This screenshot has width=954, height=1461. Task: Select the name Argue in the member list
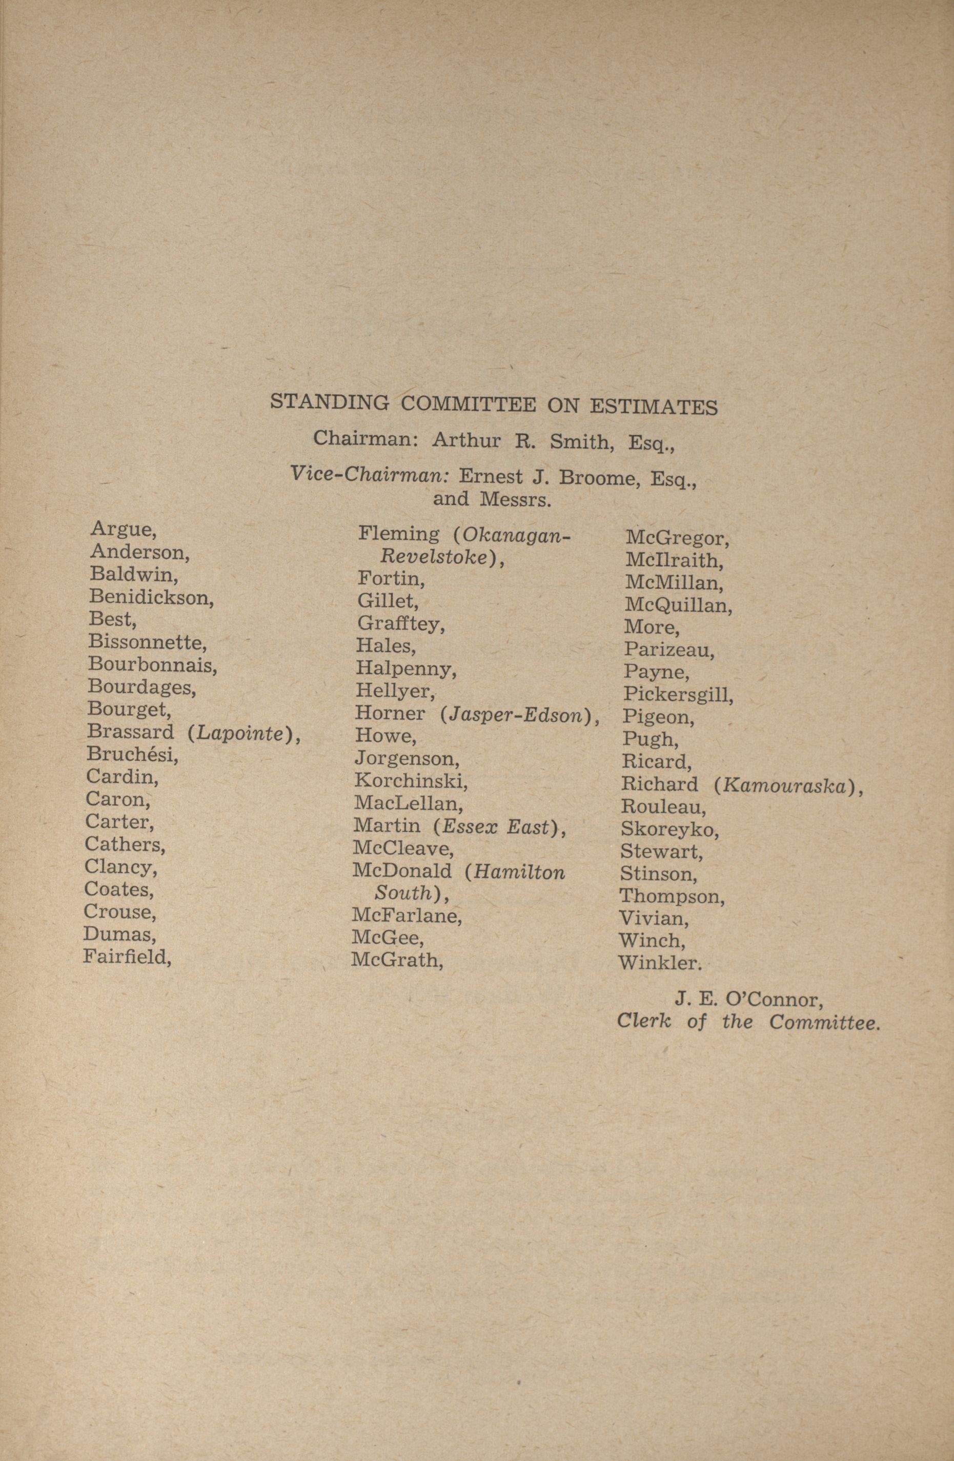(123, 529)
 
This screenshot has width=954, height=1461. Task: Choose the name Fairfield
(127, 957)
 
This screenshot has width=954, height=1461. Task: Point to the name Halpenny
(406, 668)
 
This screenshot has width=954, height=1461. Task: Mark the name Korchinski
(411, 781)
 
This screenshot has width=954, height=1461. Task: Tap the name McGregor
(677, 539)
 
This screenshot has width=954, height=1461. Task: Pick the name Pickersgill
(678, 694)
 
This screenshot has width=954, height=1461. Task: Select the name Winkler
(659, 963)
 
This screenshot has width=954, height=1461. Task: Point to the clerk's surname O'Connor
(774, 1000)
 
